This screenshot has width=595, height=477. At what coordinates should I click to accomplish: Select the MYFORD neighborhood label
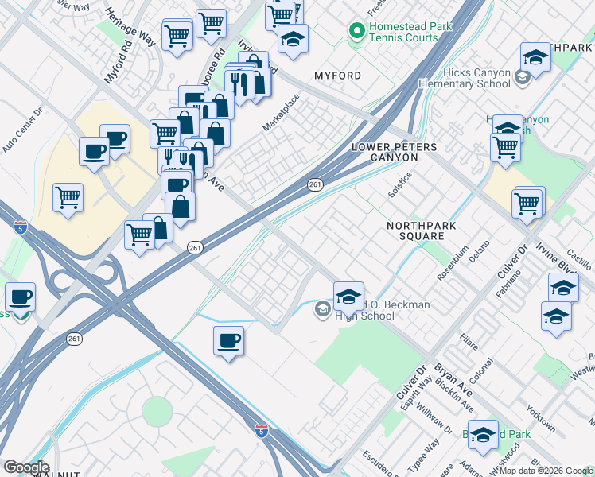point(337,76)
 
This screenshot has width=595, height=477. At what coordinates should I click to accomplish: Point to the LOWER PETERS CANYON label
point(383,152)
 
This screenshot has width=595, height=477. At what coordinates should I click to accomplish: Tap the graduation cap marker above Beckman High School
point(348,296)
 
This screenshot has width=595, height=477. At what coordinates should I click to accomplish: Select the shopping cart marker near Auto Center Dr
point(68,197)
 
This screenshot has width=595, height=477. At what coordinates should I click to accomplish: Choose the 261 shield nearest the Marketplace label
point(316,184)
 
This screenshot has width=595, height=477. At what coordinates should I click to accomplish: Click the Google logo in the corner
point(25,468)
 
